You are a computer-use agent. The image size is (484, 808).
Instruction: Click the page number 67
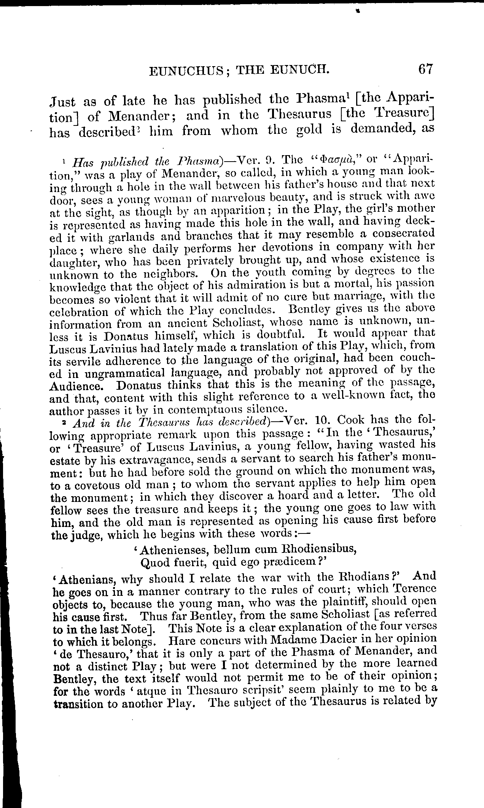[x=425, y=70]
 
